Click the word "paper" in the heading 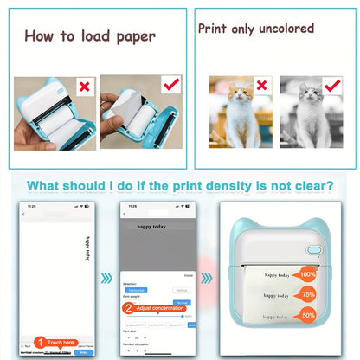point(132,36)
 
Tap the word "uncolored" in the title point(281,28)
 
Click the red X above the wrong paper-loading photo point(83,87)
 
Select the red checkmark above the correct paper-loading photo point(171,84)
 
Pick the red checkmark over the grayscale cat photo point(331,85)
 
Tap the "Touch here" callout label point(60,343)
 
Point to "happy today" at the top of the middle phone point(153,226)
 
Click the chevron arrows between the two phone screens point(106,279)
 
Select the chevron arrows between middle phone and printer point(204,279)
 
